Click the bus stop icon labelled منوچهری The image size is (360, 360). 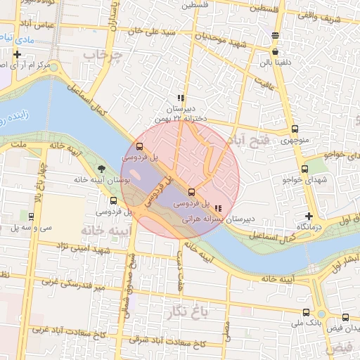tap(294, 129)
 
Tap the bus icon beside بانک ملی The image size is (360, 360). tap(305, 312)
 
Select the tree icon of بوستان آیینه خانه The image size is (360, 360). tap(102, 169)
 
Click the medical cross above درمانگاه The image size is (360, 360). tap(309, 216)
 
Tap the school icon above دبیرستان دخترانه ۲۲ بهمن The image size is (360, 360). tap(181, 98)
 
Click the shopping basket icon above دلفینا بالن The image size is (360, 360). tap(274, 51)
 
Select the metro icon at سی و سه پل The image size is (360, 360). tap(32, 217)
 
